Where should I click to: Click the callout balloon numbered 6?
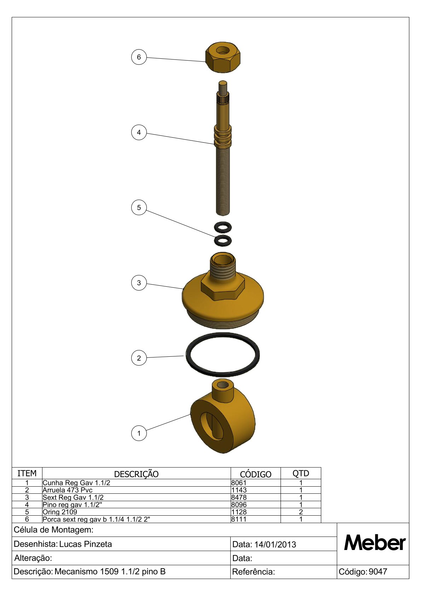coord(139,57)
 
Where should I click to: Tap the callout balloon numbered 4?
coord(139,132)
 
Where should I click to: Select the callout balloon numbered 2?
coord(139,358)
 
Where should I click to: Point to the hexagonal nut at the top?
coord(223,57)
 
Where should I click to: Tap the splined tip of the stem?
coord(223,98)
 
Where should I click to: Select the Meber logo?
coord(375,543)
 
